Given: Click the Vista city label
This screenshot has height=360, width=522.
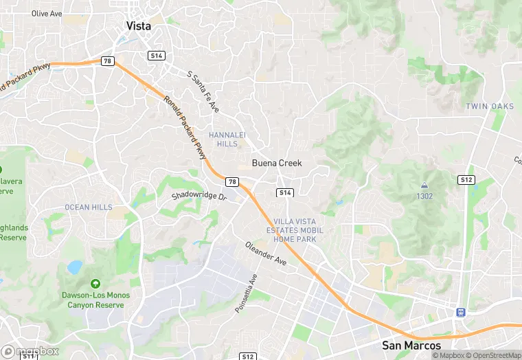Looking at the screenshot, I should [x=139, y=25].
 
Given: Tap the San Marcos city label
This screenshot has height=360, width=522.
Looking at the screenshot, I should [x=412, y=345].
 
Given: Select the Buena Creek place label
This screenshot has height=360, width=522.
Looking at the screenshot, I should [x=277, y=163].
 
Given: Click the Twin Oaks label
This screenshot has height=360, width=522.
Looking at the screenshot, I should [x=490, y=106].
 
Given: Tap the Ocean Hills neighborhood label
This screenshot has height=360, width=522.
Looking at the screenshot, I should [x=88, y=207].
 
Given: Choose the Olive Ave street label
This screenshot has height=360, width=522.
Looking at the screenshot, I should [x=47, y=13].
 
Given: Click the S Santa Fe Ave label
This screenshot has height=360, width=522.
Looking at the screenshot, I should [x=203, y=91].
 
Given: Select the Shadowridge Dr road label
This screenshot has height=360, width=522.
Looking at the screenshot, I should [x=199, y=196].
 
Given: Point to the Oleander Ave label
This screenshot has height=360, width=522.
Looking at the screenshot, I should [x=266, y=254].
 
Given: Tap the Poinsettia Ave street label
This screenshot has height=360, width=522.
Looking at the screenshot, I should [x=245, y=293].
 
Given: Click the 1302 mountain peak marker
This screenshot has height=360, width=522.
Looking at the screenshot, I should [x=424, y=185].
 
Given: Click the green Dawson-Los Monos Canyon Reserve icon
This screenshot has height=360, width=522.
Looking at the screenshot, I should [x=95, y=283].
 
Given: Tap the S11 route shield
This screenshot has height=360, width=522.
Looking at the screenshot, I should [x=27, y=356].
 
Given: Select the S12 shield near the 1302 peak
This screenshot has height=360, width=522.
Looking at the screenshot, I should [x=466, y=179].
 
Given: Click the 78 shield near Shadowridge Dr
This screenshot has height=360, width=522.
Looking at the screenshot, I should [x=233, y=181].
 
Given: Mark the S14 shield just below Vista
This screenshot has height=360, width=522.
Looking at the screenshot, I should [x=157, y=55].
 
